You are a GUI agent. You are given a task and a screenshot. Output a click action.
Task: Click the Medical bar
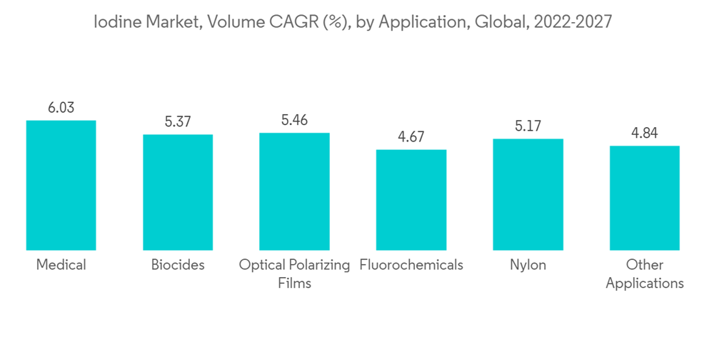coord(61,185)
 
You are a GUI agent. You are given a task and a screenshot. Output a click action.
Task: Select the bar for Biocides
coord(178,192)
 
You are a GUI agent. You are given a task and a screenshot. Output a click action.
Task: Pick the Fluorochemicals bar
coord(411,200)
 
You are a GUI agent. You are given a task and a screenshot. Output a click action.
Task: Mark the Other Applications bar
coord(644,198)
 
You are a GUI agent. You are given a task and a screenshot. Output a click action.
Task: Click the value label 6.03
coord(61,108)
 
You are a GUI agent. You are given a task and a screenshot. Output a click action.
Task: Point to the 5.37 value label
coord(178,122)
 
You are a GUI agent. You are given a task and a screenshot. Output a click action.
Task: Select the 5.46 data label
coord(294,120)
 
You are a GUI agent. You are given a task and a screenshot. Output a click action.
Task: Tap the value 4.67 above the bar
coord(411,137)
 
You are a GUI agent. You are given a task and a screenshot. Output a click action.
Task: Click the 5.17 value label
coord(528,126)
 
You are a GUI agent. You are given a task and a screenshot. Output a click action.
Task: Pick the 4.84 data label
coord(644,134)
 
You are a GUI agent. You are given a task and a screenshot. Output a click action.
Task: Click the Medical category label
coord(61,265)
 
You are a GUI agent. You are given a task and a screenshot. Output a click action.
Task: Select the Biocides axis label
coord(178,265)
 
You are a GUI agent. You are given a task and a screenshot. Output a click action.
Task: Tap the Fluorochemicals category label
coord(411,265)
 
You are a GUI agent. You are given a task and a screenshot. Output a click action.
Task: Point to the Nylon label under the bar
coord(528,265)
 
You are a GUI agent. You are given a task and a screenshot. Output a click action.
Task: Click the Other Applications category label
coord(644,274)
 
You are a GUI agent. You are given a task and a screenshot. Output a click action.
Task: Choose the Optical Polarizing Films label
coord(294,274)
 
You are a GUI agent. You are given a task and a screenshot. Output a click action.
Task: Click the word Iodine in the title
coord(116,22)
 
